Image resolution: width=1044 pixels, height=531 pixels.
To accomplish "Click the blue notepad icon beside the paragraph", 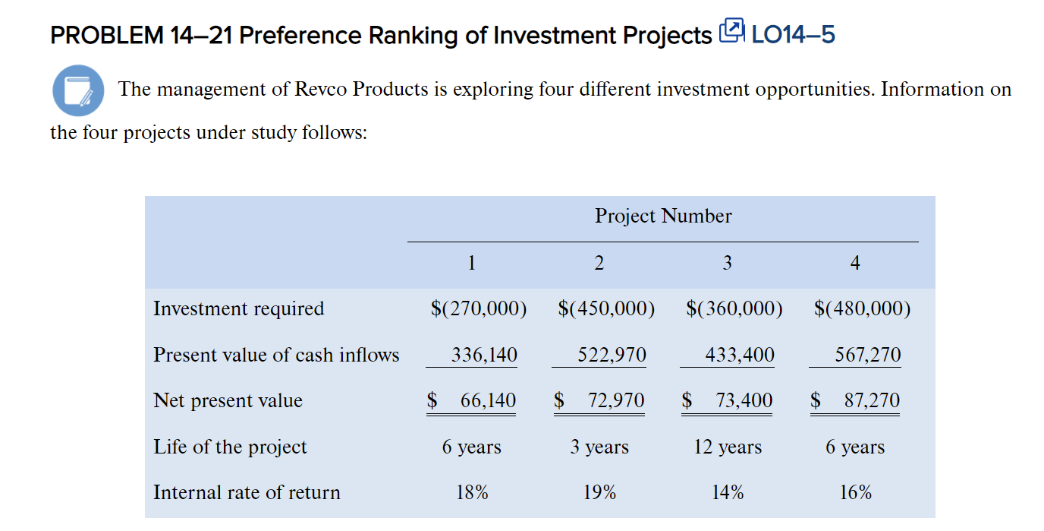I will [x=77, y=90].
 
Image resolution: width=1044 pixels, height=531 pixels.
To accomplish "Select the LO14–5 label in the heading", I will [x=792, y=35].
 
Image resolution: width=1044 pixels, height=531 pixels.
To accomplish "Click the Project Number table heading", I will [x=663, y=217].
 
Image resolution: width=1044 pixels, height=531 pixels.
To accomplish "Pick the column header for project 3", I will [x=727, y=263].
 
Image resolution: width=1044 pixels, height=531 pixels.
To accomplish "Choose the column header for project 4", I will [x=855, y=263].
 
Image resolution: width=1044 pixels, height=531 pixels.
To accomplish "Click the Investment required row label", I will [x=238, y=308].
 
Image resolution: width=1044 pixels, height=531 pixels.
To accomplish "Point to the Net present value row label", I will [x=228, y=400].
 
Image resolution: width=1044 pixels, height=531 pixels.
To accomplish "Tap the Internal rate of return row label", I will [x=247, y=492].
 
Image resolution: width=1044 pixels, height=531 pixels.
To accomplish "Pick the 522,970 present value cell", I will [x=612, y=355].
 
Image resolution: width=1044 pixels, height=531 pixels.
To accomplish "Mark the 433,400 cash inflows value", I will [x=740, y=355].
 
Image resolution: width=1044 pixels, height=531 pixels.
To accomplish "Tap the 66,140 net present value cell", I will [x=488, y=400].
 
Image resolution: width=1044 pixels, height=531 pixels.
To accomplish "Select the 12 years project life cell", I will [x=728, y=447].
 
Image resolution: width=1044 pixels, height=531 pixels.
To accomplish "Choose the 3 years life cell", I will [x=599, y=447].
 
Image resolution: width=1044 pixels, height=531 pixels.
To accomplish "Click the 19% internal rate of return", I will [x=599, y=492].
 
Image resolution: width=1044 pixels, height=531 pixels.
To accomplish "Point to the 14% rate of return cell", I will [x=728, y=492].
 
